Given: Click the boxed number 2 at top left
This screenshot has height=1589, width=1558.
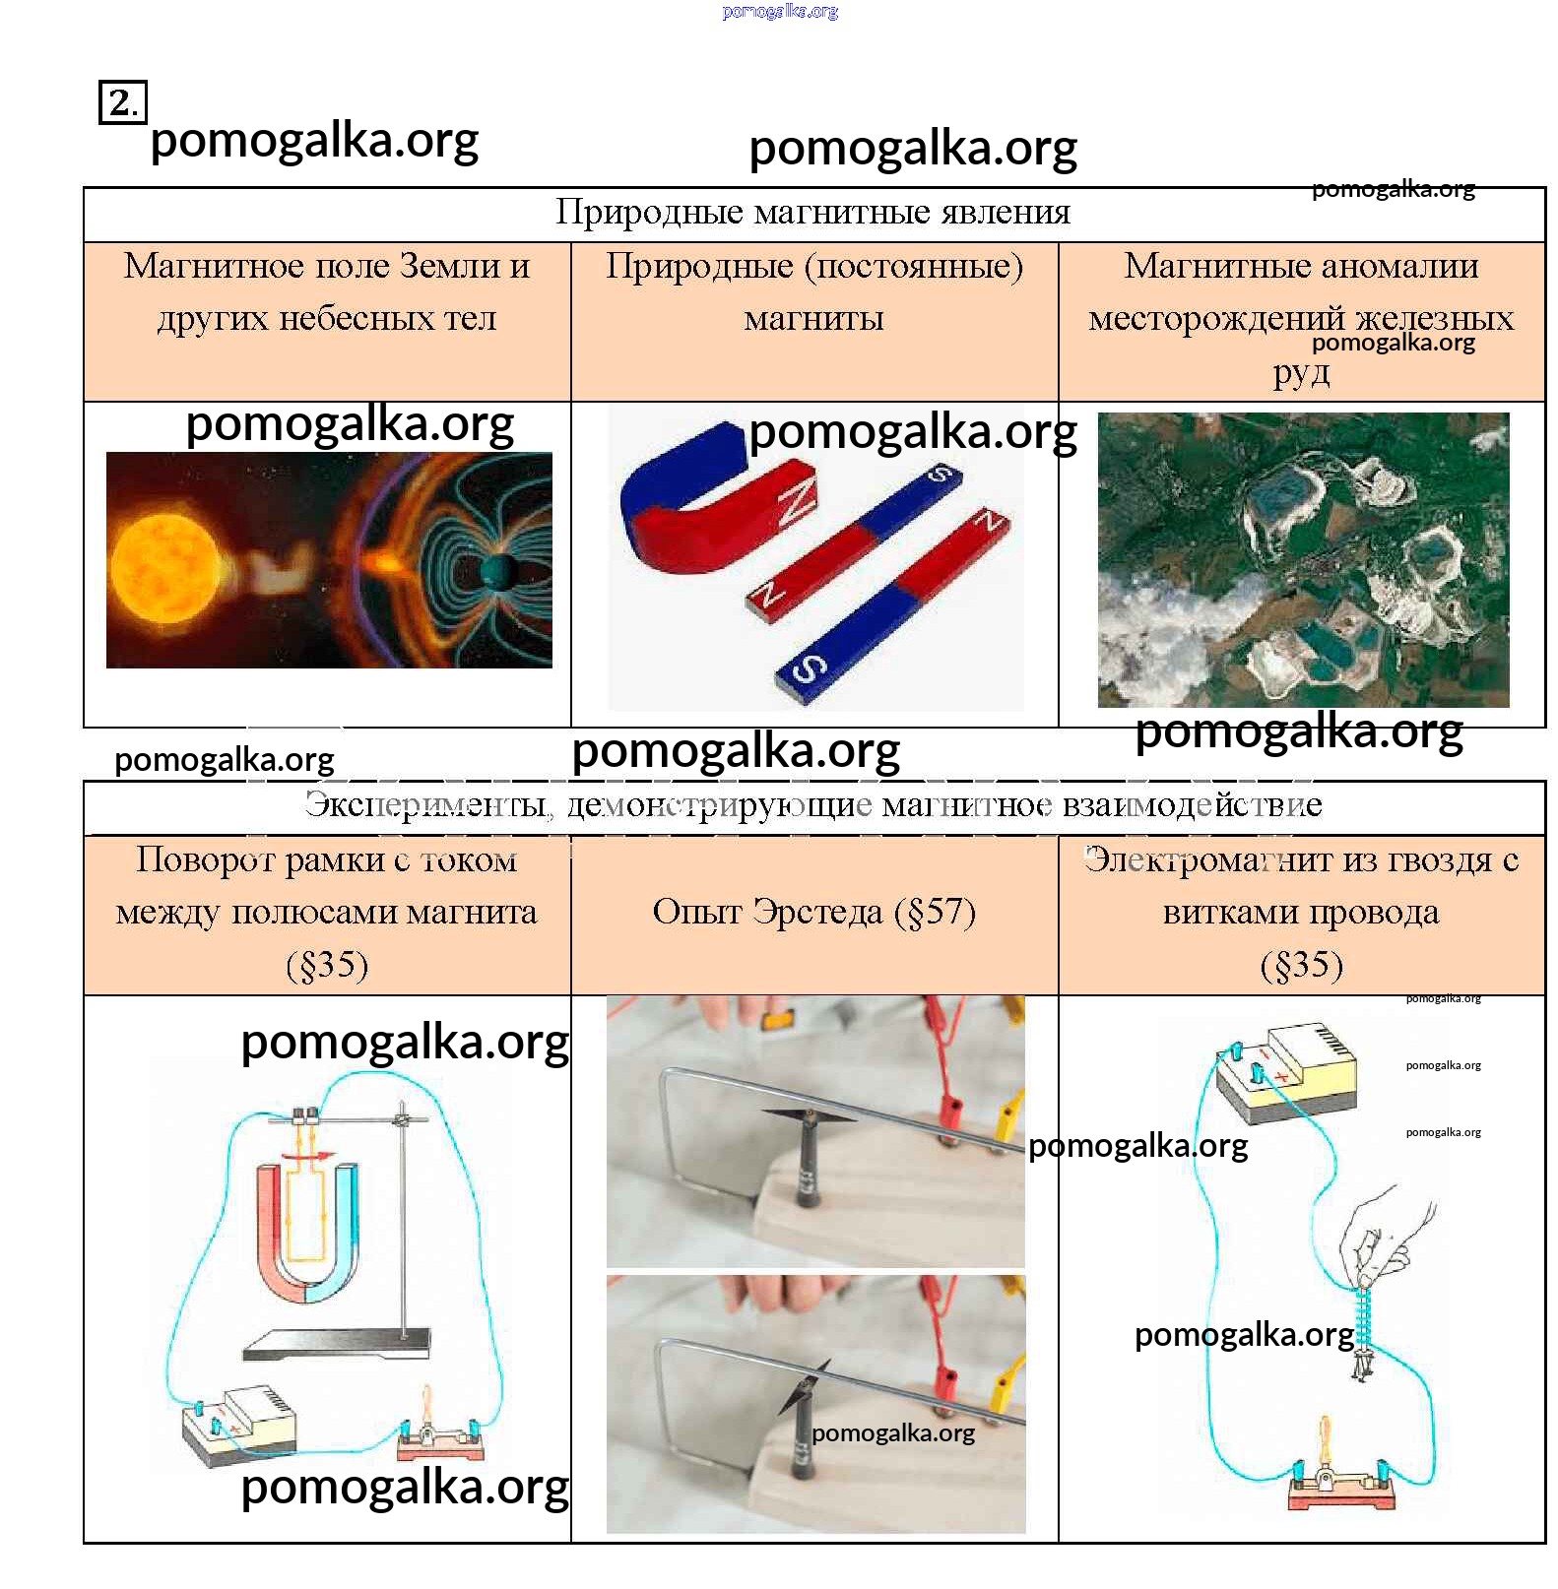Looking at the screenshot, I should tap(122, 102).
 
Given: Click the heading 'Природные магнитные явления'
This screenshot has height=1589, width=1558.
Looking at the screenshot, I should tap(812, 213).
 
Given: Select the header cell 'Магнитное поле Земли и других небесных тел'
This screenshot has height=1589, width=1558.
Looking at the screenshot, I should tap(327, 292).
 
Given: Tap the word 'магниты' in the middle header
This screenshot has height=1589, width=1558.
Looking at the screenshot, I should tap(813, 319).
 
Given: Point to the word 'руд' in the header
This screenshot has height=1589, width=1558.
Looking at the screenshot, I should tap(1300, 372).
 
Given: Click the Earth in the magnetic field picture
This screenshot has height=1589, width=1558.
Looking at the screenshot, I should tap(497, 571).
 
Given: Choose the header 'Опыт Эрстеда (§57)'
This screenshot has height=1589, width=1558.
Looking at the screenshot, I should tap(813, 912).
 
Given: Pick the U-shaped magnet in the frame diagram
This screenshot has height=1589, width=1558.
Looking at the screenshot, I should tap(307, 1231).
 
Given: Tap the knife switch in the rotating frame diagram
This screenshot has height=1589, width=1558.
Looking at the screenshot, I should tap(440, 1436).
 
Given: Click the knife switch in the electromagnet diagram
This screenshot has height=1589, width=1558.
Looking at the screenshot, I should tap(1341, 1482).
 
